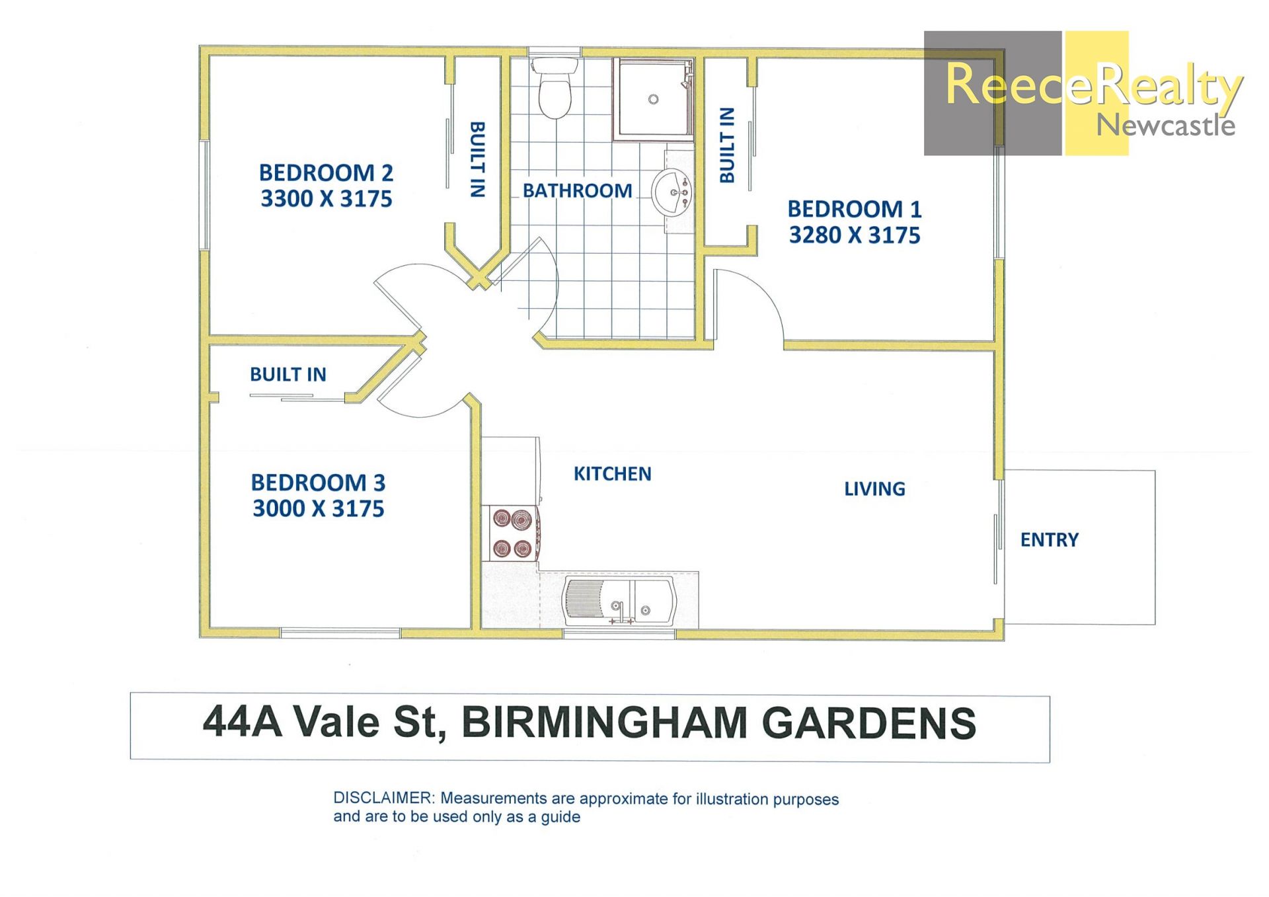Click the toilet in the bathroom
(555, 88)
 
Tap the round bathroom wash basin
(672, 192)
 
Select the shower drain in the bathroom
(653, 99)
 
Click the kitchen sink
(619, 600)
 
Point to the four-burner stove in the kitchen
(513, 533)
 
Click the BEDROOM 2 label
(326, 173)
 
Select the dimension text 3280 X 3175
(855, 235)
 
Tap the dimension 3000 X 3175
(318, 509)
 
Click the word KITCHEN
(612, 474)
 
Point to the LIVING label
(874, 489)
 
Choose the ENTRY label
(1049, 540)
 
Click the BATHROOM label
(577, 191)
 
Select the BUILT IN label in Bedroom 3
(288, 375)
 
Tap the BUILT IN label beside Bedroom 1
(727, 145)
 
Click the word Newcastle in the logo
(1165, 125)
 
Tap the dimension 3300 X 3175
(327, 199)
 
